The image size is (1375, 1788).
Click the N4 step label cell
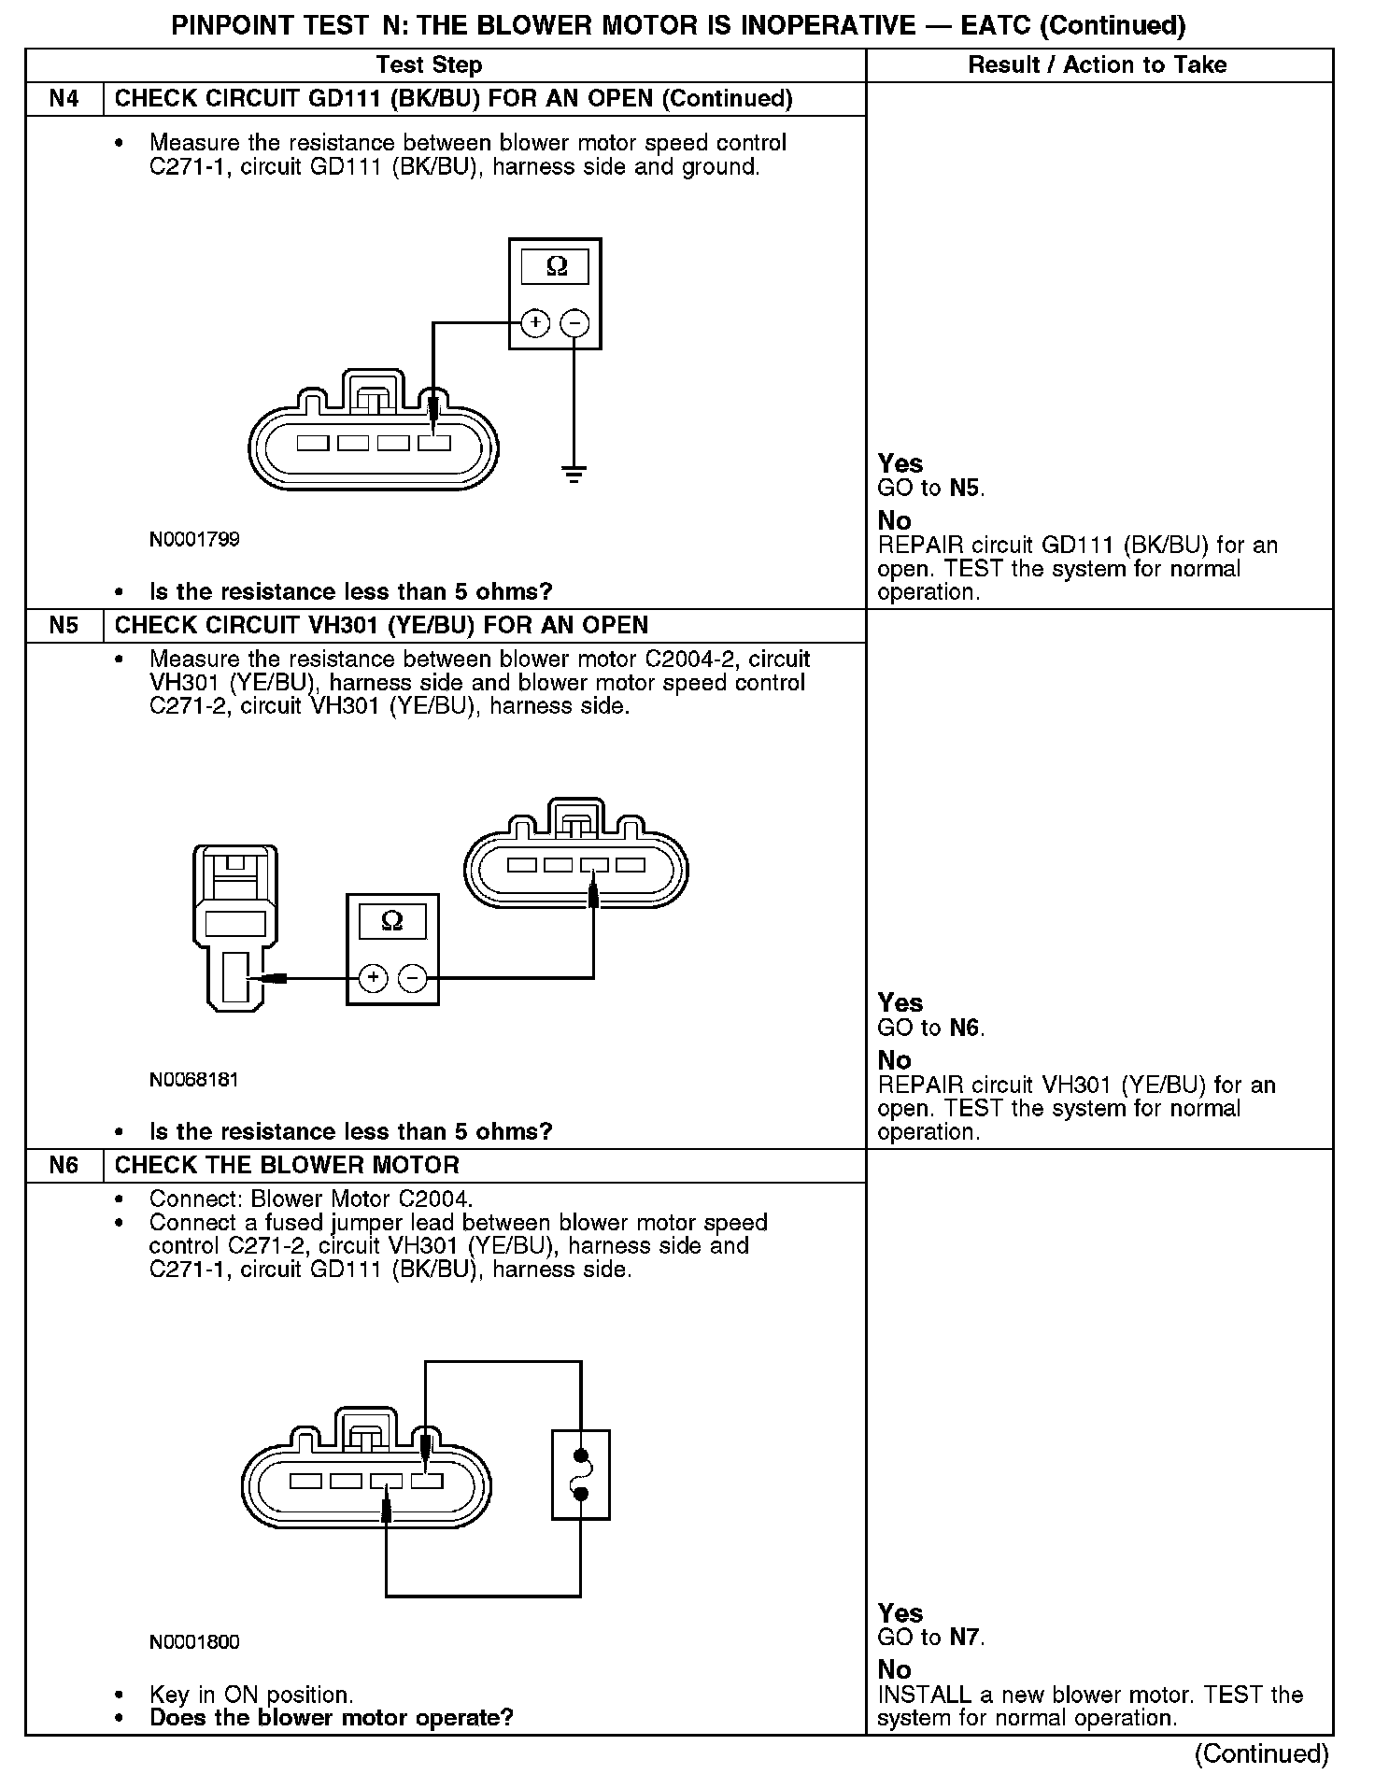[64, 98]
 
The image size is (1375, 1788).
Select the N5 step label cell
[64, 625]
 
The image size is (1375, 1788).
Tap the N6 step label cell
[64, 1165]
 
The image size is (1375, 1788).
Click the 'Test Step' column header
[429, 64]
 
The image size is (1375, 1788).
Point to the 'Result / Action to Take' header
[1098, 64]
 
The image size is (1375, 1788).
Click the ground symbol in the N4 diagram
[574, 474]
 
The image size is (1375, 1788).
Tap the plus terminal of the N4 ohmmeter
[535, 323]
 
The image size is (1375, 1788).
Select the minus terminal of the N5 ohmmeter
[413, 978]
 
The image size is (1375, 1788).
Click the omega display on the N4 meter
[556, 267]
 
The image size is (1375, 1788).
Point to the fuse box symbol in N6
[580, 1474]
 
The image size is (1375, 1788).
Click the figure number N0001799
[194, 539]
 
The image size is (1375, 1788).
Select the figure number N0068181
[194, 1079]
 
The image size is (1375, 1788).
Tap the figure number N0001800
[194, 1641]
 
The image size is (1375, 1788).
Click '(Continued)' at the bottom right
[1261, 1753]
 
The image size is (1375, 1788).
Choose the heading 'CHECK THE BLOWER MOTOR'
[287, 1165]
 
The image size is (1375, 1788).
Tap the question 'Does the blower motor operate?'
[332, 1718]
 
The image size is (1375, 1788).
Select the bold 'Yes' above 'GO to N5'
[900, 463]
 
